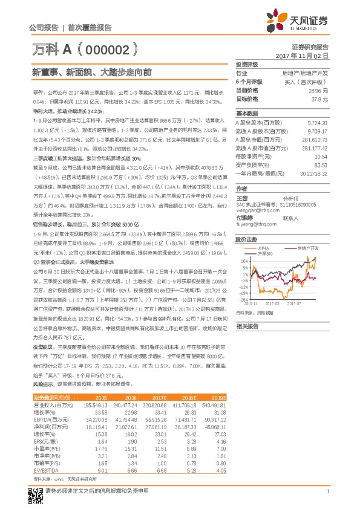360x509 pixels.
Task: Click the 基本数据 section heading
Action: coord(247,113)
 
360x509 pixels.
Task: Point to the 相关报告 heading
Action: coord(247,325)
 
